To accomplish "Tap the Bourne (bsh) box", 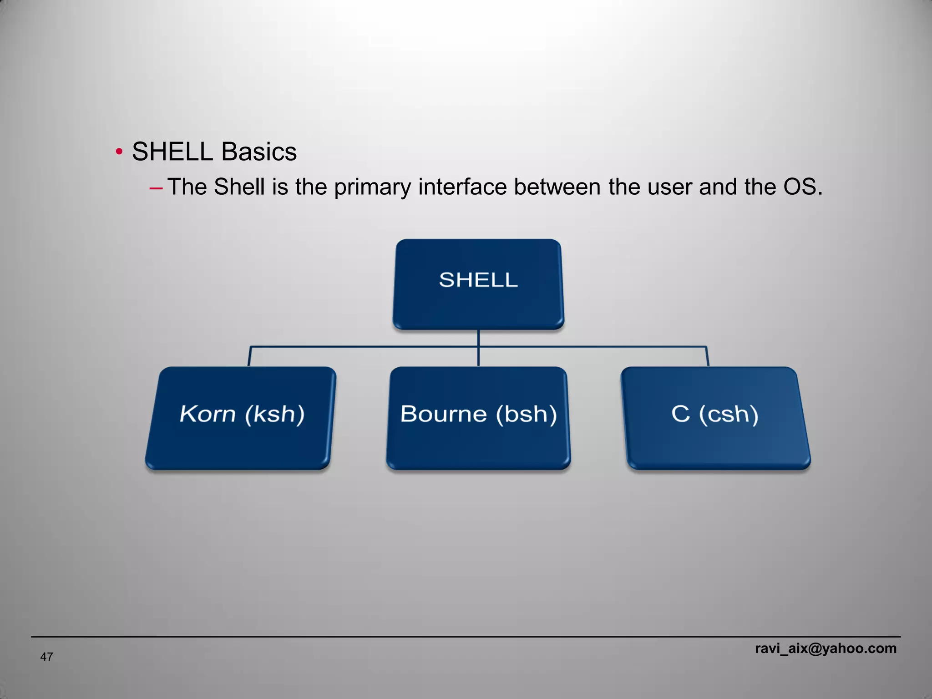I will (x=478, y=418).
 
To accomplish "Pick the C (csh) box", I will (x=715, y=418).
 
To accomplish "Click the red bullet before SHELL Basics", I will (x=119, y=152).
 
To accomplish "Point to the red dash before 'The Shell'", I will (x=156, y=188).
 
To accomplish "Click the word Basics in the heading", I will (x=258, y=152).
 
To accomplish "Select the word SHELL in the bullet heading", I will (x=172, y=152).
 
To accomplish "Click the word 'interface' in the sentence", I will (x=462, y=187).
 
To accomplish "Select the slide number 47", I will (x=46, y=657).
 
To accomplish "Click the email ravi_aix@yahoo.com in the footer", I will (x=826, y=648).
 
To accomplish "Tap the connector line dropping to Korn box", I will (x=249, y=356).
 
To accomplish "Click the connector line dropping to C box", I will (x=707, y=356).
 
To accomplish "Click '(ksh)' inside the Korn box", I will (x=274, y=415).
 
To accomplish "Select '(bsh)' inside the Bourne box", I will (x=526, y=415).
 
